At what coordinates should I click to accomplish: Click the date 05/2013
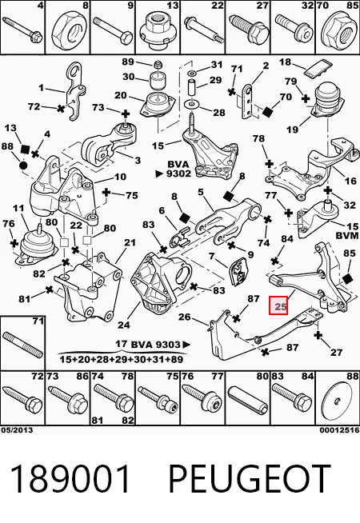pyautogui.click(x=17, y=430)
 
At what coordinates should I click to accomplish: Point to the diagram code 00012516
pyautogui.click(x=339, y=430)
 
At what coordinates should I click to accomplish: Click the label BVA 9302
pyautogui.click(x=177, y=169)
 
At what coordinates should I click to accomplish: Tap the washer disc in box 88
pyautogui.click(x=338, y=400)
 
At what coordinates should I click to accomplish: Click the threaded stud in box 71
pyautogui.click(x=22, y=345)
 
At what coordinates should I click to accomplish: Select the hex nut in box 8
pyautogui.click(x=66, y=30)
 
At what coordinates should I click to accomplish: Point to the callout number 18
pyautogui.click(x=285, y=62)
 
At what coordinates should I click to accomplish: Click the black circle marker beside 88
pyautogui.click(x=23, y=165)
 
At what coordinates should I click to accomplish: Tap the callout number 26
pyautogui.click(x=184, y=316)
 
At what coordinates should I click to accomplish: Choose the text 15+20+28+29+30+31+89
pyautogui.click(x=121, y=359)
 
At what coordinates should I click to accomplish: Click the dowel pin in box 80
pyautogui.click(x=247, y=399)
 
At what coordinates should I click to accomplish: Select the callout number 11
pyautogui.click(x=18, y=209)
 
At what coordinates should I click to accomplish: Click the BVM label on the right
pyautogui.click(x=346, y=235)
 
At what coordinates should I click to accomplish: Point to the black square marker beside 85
pyautogui.click(x=347, y=278)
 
